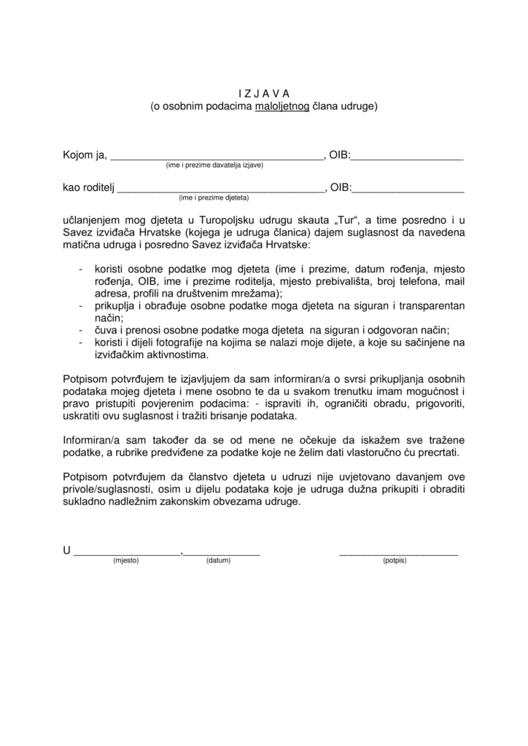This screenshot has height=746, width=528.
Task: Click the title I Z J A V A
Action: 264,93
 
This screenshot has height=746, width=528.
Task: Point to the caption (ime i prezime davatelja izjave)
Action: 214,165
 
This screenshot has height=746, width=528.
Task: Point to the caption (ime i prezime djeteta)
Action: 214,198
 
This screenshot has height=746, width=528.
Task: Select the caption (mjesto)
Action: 125,561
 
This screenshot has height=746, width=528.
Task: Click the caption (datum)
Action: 218,561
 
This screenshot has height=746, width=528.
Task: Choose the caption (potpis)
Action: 395,561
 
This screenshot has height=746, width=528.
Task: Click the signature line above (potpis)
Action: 398,554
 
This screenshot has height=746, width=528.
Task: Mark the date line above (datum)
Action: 222,554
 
